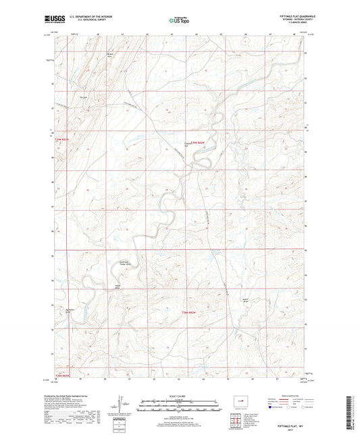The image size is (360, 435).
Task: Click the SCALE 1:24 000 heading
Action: tap(179, 395)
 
